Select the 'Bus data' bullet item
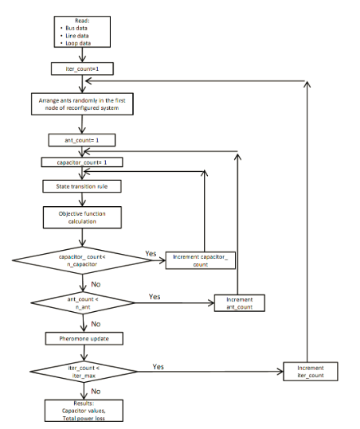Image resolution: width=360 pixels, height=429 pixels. (77, 28)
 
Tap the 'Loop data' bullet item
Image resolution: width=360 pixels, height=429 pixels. (79, 44)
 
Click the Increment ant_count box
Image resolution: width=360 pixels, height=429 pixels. (237, 302)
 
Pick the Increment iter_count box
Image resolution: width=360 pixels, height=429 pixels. (311, 372)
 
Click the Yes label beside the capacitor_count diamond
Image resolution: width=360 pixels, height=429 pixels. (151, 252)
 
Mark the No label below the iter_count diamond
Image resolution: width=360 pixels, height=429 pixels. (95, 391)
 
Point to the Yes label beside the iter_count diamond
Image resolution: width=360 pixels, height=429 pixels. (159, 367)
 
